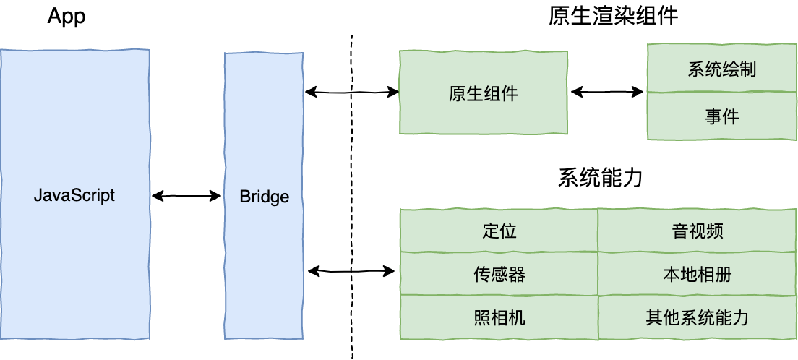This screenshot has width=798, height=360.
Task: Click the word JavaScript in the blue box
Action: coord(74,196)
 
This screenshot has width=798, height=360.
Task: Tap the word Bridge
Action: coord(264,197)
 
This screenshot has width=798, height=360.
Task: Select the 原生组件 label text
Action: coord(484,94)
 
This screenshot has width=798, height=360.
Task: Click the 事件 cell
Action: coord(721,116)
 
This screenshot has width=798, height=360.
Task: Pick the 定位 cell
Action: coord(499,231)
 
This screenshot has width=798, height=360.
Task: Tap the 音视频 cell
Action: coord(698,231)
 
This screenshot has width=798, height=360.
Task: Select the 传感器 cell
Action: coord(499,275)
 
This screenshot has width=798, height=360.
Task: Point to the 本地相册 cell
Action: coord(698,275)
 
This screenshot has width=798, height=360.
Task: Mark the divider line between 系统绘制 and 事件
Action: coord(721,93)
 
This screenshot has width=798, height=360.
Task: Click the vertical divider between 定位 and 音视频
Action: coord(598,231)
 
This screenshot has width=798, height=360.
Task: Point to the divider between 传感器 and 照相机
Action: coord(499,296)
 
